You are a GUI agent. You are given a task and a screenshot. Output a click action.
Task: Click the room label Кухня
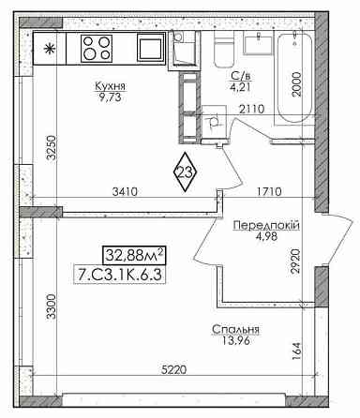click(x=110, y=85)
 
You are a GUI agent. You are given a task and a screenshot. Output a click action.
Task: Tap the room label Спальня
click(x=235, y=329)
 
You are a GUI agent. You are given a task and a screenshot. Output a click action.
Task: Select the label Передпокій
click(x=266, y=225)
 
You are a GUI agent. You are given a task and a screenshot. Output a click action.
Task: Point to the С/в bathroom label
click(x=241, y=76)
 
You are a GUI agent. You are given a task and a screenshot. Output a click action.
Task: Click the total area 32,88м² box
click(x=134, y=255)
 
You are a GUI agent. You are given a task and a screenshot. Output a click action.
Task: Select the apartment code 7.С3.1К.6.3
click(x=119, y=275)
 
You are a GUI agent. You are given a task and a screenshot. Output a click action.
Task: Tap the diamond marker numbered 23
click(x=185, y=172)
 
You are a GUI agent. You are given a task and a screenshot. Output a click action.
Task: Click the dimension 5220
click(x=173, y=370)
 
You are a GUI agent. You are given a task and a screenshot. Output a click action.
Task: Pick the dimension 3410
click(x=125, y=191)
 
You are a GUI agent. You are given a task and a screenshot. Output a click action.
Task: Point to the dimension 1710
click(x=269, y=191)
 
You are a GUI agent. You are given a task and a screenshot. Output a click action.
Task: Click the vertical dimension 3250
click(x=51, y=147)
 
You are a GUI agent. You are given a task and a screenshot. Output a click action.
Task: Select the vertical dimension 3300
click(x=51, y=306)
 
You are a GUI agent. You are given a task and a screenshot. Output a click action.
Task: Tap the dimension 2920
click(x=295, y=261)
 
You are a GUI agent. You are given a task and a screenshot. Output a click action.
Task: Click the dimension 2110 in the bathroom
click(x=252, y=109)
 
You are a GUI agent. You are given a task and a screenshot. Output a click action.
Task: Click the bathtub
click(x=295, y=78)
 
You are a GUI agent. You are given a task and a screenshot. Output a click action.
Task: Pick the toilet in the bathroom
click(x=224, y=49)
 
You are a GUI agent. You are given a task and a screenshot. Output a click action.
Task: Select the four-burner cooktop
click(x=97, y=48)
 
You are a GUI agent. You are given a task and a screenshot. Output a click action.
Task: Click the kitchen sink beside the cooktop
click(x=151, y=48)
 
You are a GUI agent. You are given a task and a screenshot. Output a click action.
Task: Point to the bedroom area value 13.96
click(x=236, y=341)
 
